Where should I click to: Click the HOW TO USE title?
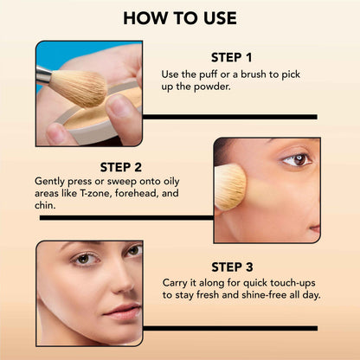tap(179, 17)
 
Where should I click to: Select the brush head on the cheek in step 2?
tap(229, 187)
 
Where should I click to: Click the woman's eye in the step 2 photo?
tap(297, 159)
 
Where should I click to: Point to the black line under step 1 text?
tap(229, 116)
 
